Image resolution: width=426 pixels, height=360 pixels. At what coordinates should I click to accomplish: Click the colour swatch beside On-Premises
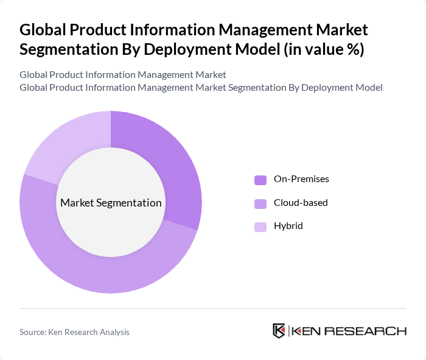260,180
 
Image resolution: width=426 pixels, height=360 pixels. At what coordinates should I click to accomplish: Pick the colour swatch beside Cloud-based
260,203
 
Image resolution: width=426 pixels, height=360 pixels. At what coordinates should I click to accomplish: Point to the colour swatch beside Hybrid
260,227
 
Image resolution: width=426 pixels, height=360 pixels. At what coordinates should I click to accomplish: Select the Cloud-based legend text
301,202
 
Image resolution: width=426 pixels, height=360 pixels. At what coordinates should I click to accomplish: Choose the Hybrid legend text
288,226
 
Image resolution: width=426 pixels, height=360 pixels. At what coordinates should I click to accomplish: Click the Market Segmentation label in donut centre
110,203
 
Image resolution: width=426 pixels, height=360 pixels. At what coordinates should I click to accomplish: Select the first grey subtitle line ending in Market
123,75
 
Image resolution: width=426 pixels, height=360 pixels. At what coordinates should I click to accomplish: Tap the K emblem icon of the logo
279,331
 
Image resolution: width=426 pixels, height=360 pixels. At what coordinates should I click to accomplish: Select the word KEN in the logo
309,331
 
